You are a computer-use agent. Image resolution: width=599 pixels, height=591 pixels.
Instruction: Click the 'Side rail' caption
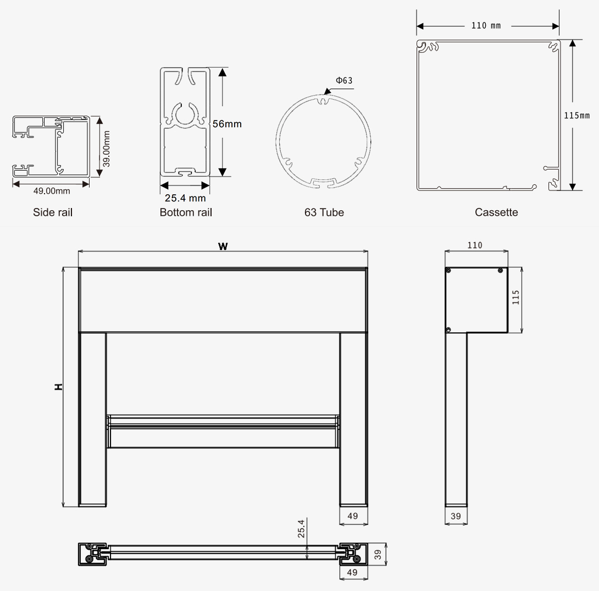(x=53, y=212)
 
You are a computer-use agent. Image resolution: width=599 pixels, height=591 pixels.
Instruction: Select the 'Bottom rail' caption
(x=186, y=212)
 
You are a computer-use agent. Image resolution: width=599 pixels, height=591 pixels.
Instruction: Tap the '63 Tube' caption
(x=324, y=212)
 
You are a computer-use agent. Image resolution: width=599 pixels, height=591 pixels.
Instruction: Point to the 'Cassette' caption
(x=496, y=212)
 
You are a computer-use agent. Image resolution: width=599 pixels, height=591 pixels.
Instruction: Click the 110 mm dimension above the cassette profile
(x=486, y=26)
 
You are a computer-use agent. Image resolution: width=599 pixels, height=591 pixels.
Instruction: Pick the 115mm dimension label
(x=577, y=116)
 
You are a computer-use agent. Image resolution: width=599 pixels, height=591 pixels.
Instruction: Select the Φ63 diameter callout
(x=344, y=80)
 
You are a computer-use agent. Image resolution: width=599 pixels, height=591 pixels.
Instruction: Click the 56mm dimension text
(x=227, y=124)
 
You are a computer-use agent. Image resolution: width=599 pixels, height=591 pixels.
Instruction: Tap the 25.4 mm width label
(x=185, y=198)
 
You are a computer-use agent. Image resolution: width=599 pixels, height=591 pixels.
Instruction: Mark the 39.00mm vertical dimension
(x=107, y=149)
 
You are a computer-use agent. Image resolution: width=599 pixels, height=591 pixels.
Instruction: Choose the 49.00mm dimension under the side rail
(x=52, y=191)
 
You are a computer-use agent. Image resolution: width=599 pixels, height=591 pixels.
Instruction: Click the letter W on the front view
(x=223, y=246)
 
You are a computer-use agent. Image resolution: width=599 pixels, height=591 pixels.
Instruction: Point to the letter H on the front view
(x=58, y=387)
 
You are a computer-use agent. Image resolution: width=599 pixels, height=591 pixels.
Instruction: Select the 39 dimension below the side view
(x=456, y=517)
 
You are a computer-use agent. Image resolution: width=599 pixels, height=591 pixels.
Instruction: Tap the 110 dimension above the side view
(x=475, y=245)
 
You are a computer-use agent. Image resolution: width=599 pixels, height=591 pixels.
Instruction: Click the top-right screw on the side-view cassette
(x=500, y=270)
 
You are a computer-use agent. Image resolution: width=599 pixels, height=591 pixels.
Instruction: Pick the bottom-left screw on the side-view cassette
(x=449, y=329)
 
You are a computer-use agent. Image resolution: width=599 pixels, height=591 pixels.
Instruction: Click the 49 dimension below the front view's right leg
(x=353, y=517)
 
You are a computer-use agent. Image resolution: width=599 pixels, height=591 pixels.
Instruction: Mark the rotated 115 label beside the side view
(x=515, y=297)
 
